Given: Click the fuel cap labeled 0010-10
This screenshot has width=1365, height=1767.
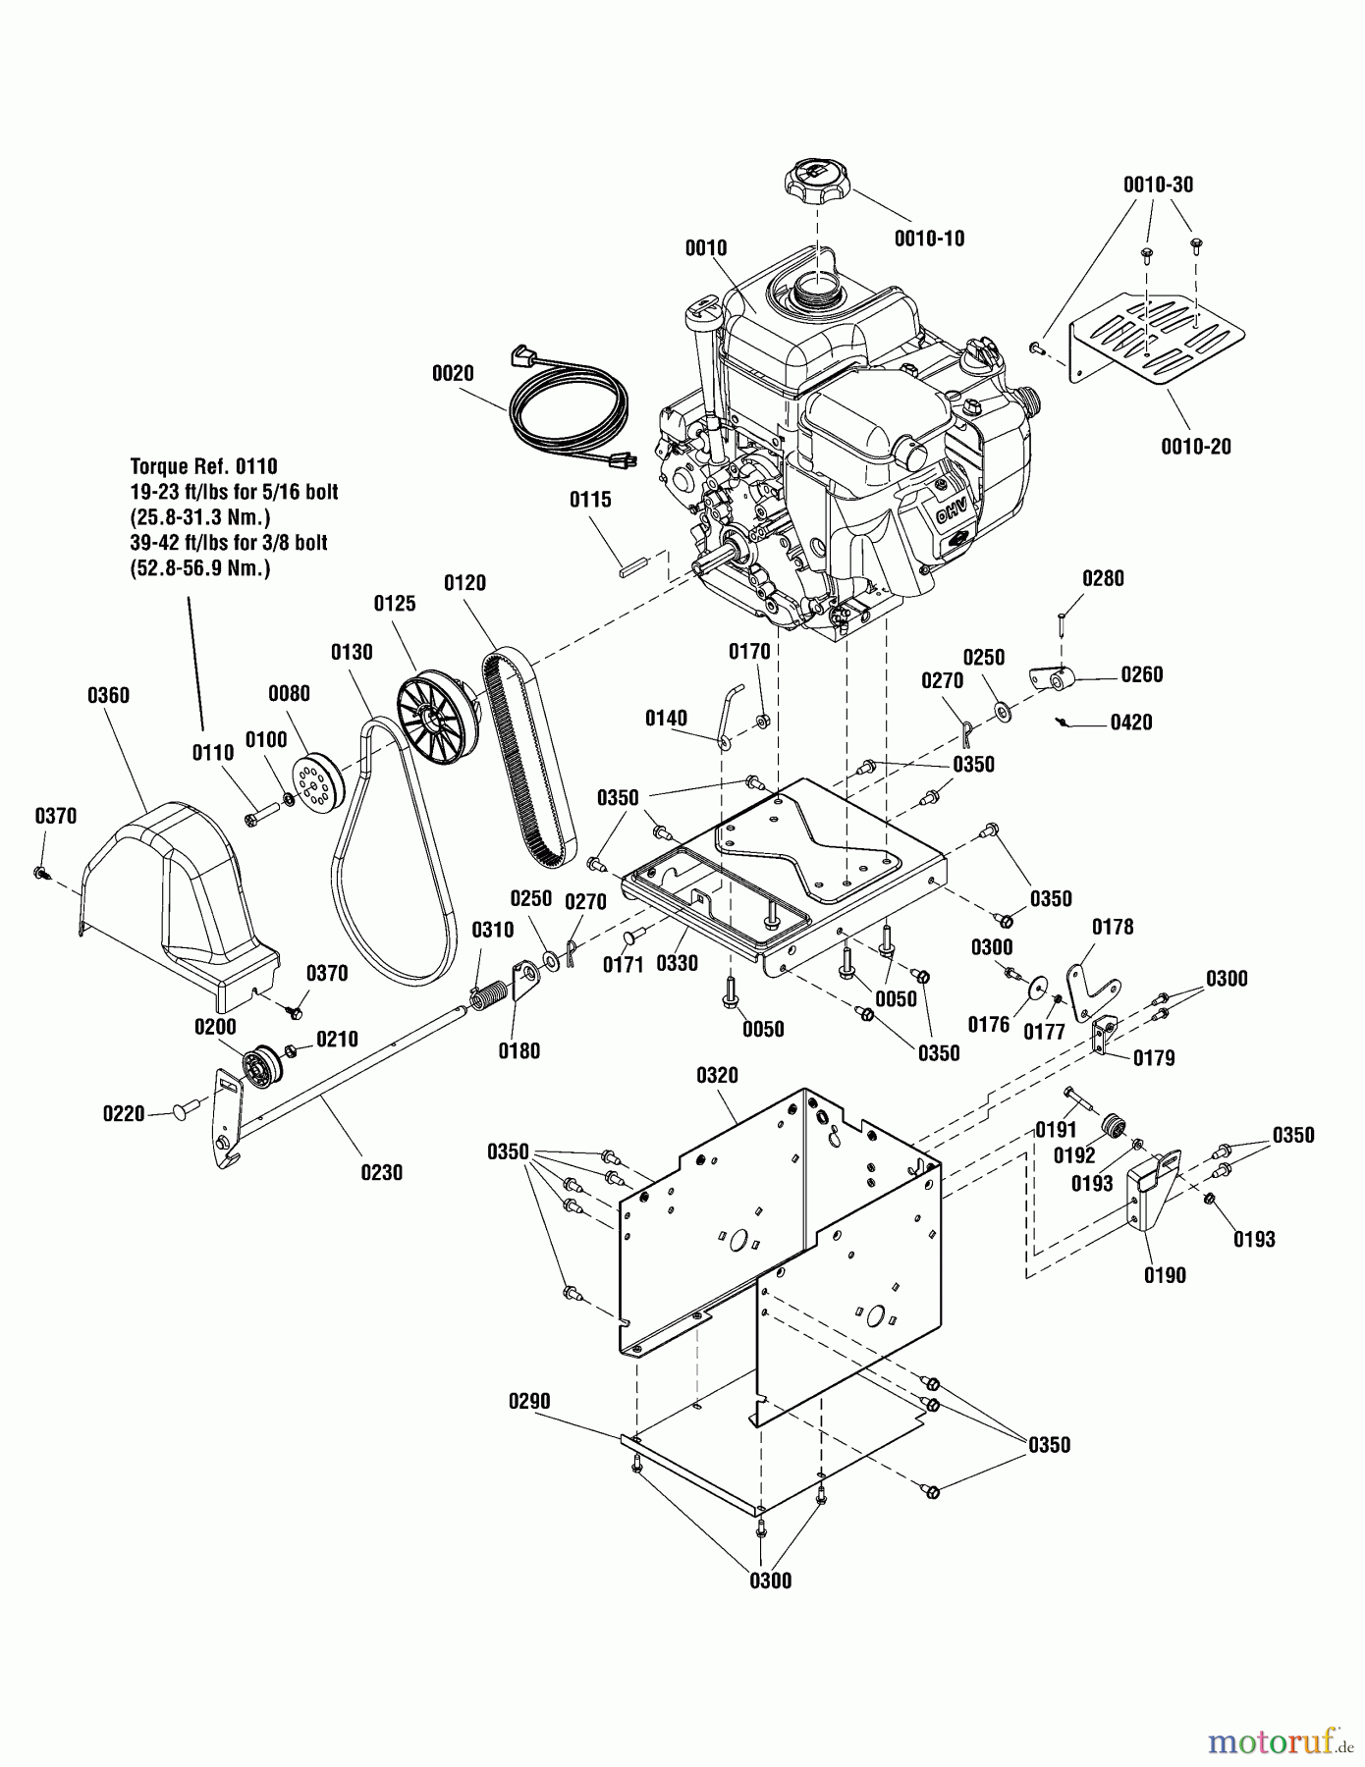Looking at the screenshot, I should point(816,183).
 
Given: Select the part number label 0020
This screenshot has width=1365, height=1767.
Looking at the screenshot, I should point(452,373).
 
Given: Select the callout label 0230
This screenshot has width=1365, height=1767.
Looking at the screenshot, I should point(381,1172).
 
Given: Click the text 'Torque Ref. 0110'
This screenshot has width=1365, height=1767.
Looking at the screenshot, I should point(204,466).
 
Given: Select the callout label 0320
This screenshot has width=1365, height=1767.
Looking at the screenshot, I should point(717,1075).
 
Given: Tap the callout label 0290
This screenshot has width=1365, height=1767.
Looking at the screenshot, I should point(529,1401).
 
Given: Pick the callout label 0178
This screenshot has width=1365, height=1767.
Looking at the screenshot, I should point(1113,927).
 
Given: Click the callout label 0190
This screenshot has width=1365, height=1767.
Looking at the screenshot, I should point(1165,1275).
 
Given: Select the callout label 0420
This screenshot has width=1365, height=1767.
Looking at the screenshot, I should point(1131,723).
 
